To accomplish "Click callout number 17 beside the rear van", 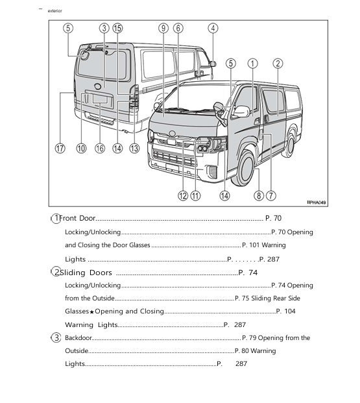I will tap(60, 148).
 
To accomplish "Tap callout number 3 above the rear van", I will tap(104, 28).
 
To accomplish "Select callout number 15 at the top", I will tap(117, 28).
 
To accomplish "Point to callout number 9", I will tap(163, 28).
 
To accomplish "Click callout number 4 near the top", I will tap(213, 28).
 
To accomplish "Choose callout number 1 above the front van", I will tap(252, 63).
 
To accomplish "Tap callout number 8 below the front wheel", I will tap(258, 195).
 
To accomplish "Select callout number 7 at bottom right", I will tap(271, 195).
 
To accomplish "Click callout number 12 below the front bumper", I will tap(183, 195).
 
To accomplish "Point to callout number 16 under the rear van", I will tap(99, 148).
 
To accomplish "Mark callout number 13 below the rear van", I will tap(134, 148).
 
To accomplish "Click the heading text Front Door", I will tap(77, 219).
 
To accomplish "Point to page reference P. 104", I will tap(285, 311).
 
